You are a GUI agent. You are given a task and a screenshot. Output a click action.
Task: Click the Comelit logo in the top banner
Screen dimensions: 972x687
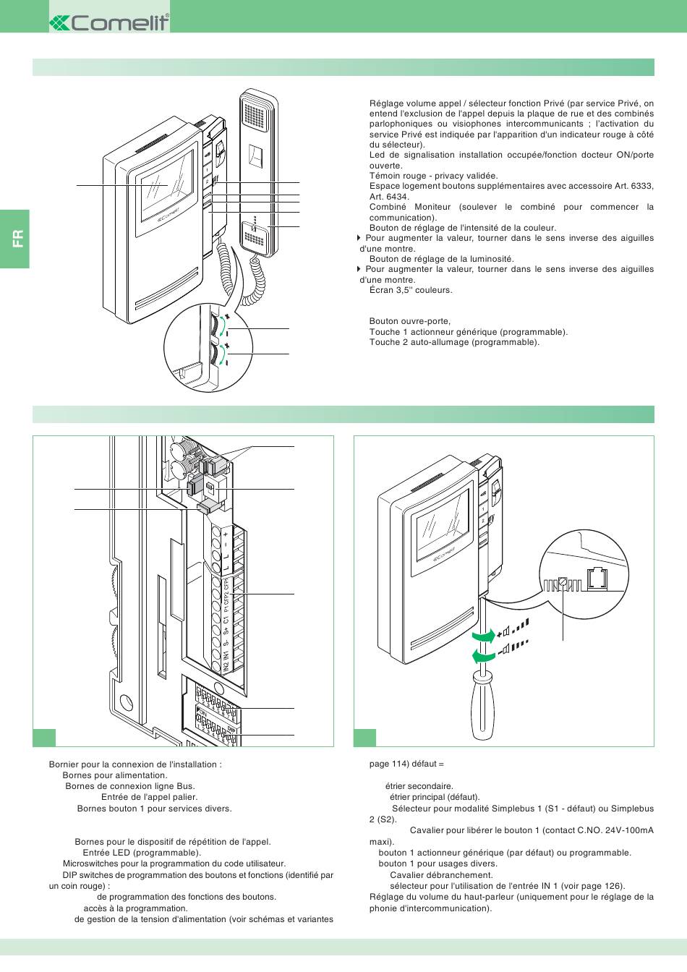109,23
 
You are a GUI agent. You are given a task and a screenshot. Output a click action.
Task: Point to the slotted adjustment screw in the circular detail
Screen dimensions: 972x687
563,582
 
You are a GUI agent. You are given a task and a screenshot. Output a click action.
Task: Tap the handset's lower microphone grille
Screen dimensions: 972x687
257,234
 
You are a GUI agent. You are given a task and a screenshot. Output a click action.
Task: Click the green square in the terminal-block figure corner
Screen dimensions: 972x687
44,736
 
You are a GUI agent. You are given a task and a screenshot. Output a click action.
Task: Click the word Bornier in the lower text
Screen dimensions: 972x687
64,764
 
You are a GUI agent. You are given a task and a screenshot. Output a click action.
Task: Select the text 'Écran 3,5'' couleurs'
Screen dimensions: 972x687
410,290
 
